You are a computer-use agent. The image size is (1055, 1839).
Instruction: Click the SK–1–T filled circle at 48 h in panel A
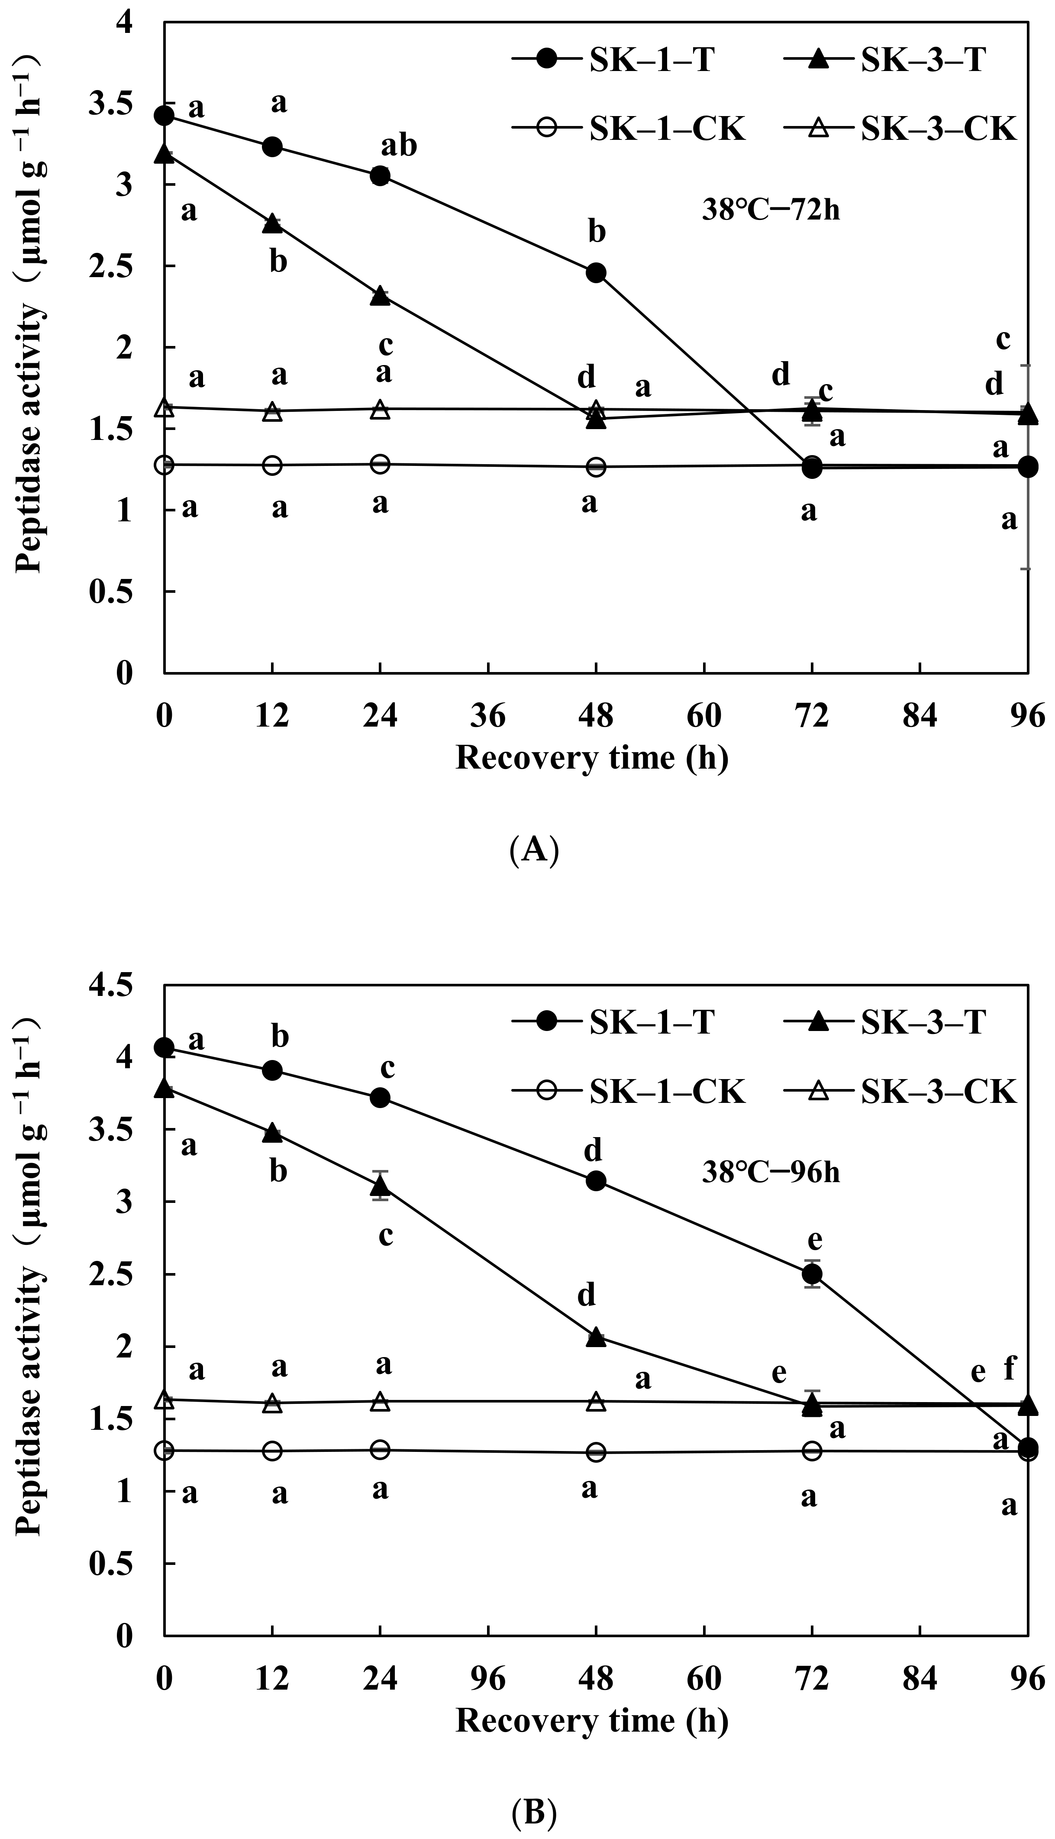(596, 272)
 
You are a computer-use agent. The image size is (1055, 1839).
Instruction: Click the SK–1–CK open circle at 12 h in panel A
(272, 465)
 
